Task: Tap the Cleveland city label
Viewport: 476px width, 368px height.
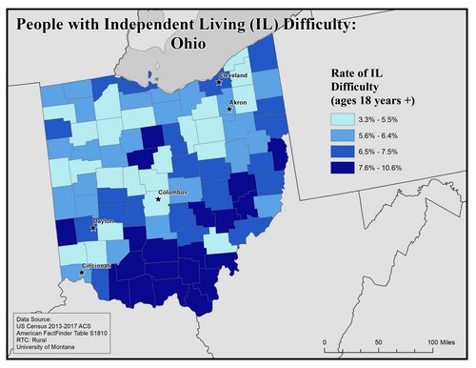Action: tap(233, 74)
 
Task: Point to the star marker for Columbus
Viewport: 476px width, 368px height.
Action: tap(159, 199)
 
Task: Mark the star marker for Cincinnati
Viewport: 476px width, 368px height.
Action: tap(81, 273)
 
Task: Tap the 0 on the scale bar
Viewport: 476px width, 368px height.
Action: tap(327, 340)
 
